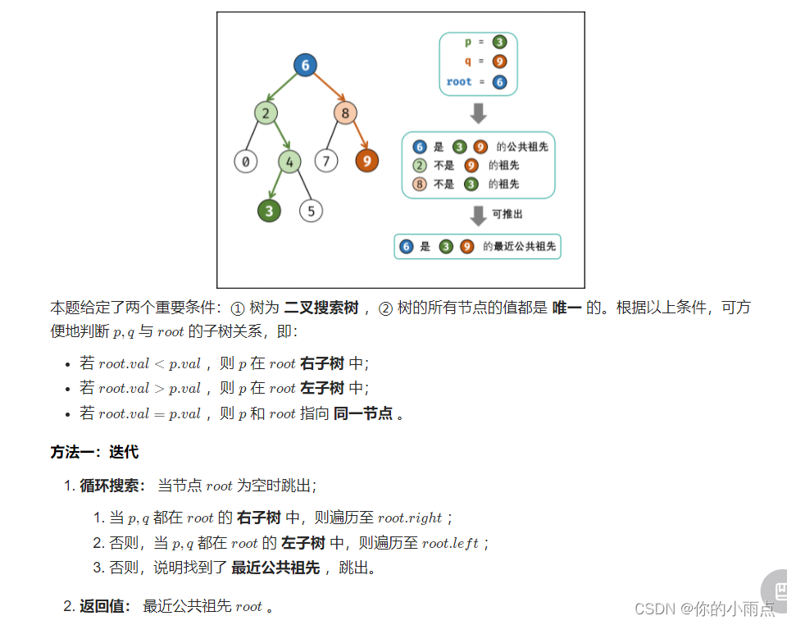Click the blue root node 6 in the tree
305,66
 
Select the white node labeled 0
245,162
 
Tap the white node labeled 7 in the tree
326,160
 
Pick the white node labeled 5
311,211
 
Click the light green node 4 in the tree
289,162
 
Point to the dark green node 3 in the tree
269,211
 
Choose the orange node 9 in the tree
367,160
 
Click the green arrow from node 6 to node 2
282,87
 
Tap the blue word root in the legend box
459,82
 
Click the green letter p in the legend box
468,43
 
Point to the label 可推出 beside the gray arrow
507,214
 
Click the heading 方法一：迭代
94,452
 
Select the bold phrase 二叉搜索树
321,308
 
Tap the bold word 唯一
566,308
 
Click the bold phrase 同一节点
362,413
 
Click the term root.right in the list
409,518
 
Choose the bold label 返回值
103,606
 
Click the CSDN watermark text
704,609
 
